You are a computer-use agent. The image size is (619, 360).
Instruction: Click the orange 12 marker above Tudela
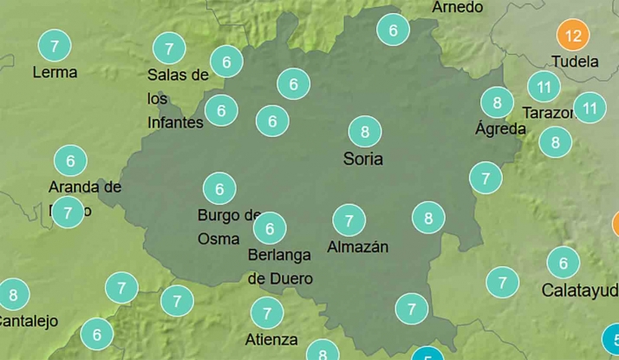click(x=572, y=36)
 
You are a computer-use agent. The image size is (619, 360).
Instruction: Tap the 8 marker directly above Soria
click(x=365, y=132)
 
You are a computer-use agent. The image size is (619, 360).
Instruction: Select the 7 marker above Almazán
click(x=349, y=220)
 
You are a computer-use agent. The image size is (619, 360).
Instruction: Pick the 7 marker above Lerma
click(x=55, y=44)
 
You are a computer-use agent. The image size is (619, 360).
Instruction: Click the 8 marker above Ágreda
click(x=497, y=102)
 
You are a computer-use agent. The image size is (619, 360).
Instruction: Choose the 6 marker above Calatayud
click(x=564, y=262)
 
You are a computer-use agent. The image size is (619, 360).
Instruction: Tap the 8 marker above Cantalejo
click(x=13, y=295)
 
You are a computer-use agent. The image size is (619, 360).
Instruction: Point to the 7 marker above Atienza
click(x=267, y=312)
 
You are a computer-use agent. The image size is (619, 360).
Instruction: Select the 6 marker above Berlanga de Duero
click(x=270, y=228)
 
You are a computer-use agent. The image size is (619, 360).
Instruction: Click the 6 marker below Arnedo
click(x=393, y=30)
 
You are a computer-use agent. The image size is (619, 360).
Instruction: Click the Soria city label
click(x=363, y=159)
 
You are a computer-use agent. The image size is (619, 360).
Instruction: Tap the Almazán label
click(x=357, y=247)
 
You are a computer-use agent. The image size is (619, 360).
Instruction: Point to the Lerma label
click(x=55, y=72)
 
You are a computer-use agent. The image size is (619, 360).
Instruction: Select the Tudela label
click(x=575, y=62)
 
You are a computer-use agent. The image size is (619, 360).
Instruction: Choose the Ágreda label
click(x=500, y=129)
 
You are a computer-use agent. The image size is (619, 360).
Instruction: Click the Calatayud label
click(x=579, y=290)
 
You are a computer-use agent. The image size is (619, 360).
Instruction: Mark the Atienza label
click(x=271, y=339)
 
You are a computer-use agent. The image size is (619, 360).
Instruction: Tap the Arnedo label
click(x=457, y=7)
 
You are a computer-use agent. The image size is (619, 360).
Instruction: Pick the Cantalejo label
click(x=28, y=321)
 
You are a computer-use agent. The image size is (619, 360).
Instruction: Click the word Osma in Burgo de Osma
click(x=213, y=237)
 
